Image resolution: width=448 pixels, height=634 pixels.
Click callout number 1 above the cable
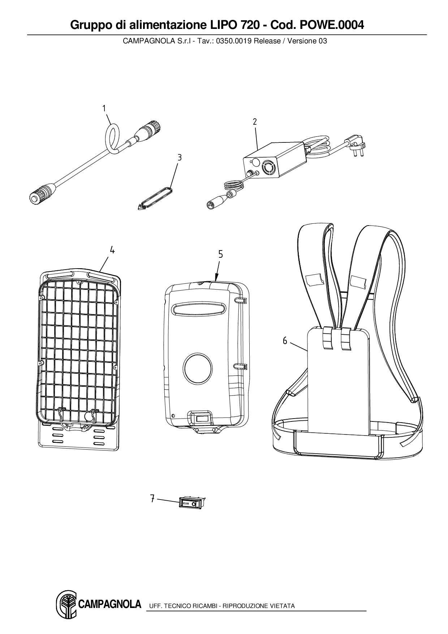click(104, 108)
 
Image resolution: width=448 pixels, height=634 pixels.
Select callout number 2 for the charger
click(255, 122)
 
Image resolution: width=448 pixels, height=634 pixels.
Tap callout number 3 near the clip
click(179, 158)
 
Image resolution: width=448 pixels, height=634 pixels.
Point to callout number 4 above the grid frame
click(112, 250)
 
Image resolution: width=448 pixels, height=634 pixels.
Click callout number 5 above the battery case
click(220, 254)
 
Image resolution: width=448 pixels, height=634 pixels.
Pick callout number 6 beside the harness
click(285, 340)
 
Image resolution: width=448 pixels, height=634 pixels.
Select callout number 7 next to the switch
click(152, 499)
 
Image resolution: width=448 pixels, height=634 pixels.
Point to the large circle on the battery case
click(198, 368)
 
